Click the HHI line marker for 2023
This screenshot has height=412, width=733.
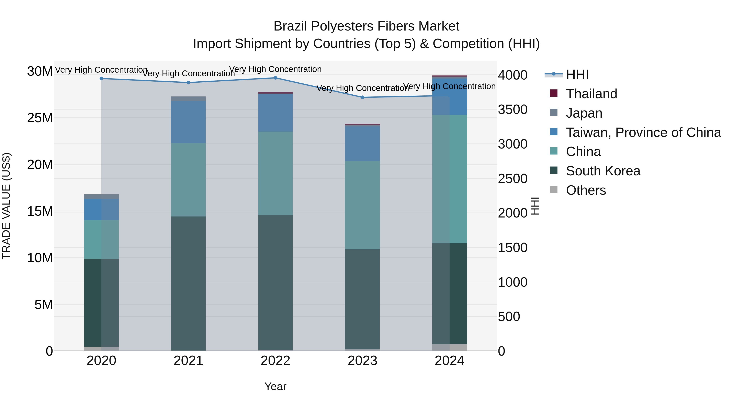coord(362,97)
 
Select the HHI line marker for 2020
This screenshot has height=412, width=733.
coord(101,79)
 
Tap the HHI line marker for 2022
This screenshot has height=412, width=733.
coord(275,78)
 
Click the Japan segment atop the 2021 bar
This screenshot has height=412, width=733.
coord(188,99)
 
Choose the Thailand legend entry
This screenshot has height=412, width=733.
coord(591,94)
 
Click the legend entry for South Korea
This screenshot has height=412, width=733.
coord(603,171)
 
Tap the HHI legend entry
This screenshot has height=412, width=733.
coord(577,74)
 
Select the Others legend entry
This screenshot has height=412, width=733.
coord(586,190)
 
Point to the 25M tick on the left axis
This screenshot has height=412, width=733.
coord(40,118)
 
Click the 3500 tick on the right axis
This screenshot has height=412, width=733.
coord(512,110)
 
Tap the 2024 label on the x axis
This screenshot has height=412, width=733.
coord(449,361)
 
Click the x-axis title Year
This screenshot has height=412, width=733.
coord(275,386)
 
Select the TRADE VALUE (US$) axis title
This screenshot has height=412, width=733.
coord(6,206)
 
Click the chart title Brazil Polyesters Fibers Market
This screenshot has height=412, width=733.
coord(366,26)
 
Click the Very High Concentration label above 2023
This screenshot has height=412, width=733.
coord(362,88)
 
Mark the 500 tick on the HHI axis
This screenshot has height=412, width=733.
coord(509,317)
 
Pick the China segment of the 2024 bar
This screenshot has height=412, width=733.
coord(449,179)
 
